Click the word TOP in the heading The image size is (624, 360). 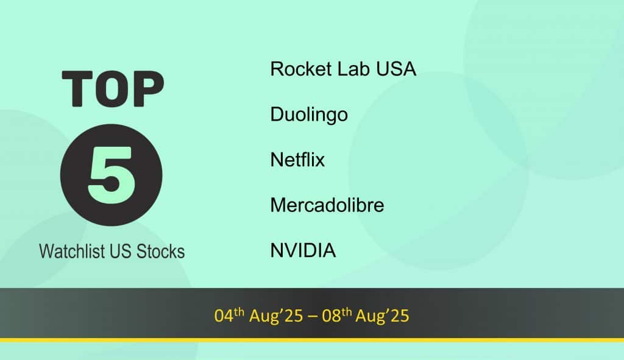[x=113, y=89]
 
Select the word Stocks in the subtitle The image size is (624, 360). [x=160, y=252]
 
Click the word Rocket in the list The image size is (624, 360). [x=301, y=69]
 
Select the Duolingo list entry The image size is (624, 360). [x=309, y=115]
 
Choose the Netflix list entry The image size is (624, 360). [x=297, y=160]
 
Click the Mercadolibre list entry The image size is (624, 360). [x=327, y=205]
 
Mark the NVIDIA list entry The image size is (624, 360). [x=303, y=250]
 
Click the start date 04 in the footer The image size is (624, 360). [x=224, y=316]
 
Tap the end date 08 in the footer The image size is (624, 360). [x=331, y=316]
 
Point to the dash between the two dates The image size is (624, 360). [x=313, y=317]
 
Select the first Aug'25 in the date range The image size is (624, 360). [x=276, y=316]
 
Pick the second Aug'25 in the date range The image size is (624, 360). [x=383, y=316]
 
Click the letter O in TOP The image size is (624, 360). [x=113, y=89]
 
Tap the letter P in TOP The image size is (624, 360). [x=149, y=89]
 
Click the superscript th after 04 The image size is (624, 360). [x=239, y=311]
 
